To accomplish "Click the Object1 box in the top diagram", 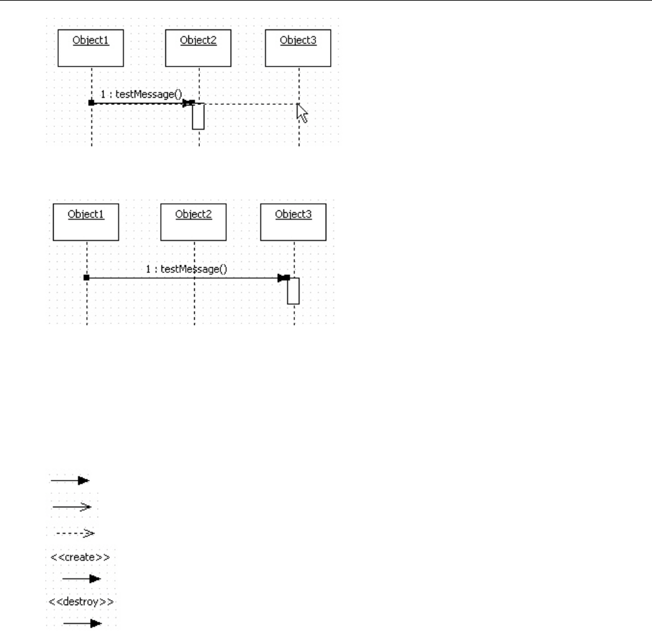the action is pos(91,48).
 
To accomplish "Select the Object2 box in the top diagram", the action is pos(198,48).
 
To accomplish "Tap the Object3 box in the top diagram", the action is pos(298,48).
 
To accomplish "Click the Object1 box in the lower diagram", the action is pos(86,221).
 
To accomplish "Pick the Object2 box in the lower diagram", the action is pos(193,221).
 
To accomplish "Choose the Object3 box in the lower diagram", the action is pos(293,221).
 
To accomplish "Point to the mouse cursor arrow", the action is pos(302,113).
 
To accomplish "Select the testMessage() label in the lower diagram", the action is pos(186,269).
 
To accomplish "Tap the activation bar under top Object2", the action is pos(198,116).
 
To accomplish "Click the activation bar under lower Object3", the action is pos(293,291).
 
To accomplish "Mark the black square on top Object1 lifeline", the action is pos(92,102).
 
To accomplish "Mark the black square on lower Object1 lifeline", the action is pos(86,278).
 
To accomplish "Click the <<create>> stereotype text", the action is pos(80,557).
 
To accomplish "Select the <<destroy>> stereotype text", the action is pos(80,601).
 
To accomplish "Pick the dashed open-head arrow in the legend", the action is pos(72,532).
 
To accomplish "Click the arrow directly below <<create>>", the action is pos(82,579).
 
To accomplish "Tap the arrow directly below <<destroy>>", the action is pos(82,622).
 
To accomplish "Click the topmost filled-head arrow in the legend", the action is pos(70,479).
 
